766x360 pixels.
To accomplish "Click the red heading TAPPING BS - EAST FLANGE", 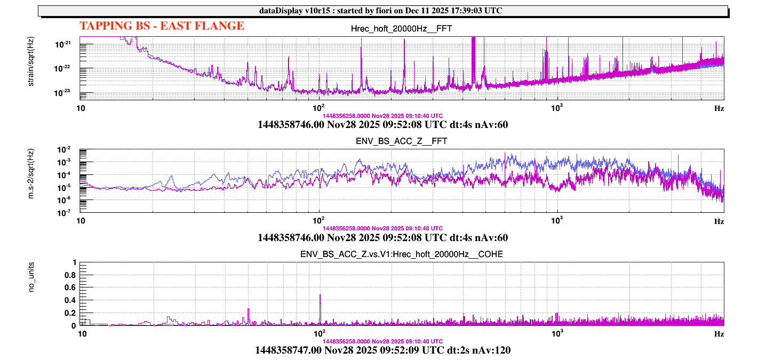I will click(x=162, y=26).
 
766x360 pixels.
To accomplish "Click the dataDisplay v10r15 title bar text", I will click(x=383, y=11).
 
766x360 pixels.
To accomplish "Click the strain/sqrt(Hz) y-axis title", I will click(x=31, y=67).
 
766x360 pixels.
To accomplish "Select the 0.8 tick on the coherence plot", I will click(x=71, y=275).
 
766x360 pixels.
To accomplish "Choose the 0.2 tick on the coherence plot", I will click(x=71, y=313).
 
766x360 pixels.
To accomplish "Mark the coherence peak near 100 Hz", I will click(x=320, y=295).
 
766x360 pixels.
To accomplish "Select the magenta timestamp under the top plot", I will click(x=383, y=115).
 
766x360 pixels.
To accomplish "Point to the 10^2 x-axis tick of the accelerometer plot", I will click(x=319, y=220).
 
